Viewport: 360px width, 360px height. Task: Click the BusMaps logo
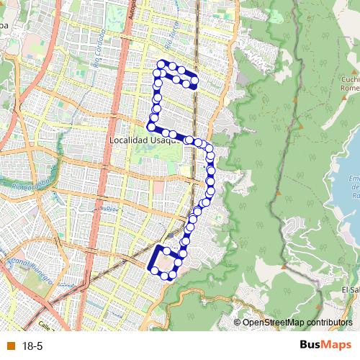326,346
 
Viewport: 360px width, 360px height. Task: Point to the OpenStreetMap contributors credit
297,322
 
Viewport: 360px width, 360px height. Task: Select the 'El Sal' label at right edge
351,289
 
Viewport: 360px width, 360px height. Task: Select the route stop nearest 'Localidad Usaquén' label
165,132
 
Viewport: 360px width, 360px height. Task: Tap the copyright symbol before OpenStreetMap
238,322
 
